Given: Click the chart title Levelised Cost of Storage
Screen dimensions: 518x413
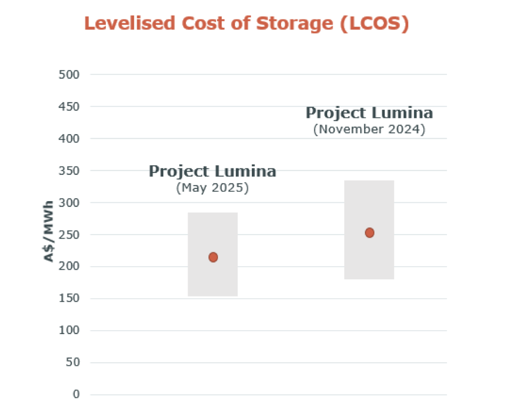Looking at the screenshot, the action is (x=246, y=24).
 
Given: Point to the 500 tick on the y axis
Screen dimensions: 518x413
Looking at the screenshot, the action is (x=69, y=75).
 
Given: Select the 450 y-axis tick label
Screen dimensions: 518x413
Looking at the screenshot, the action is (x=69, y=107).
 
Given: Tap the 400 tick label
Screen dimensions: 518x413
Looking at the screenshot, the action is (x=69, y=139).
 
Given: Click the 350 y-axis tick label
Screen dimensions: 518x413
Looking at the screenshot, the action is (x=69, y=171).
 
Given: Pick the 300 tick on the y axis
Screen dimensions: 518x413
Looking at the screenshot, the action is (x=69, y=203).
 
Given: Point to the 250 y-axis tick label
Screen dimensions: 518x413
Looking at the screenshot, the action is (x=69, y=235).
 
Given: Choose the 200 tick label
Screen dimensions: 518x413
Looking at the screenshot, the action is (x=69, y=266).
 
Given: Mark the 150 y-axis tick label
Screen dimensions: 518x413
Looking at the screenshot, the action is (x=69, y=298).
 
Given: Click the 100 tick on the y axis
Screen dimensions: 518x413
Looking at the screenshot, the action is (x=69, y=330).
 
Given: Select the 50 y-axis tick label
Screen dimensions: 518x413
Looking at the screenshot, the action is (x=72, y=362).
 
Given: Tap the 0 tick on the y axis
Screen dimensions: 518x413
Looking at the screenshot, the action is (x=76, y=394).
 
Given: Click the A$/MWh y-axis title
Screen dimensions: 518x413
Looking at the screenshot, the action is (x=48, y=231).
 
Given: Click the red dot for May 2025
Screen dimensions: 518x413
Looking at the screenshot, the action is (x=213, y=258).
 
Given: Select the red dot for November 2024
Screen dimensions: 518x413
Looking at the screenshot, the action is (x=369, y=233).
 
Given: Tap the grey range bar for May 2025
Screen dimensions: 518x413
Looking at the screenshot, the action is (x=213, y=254).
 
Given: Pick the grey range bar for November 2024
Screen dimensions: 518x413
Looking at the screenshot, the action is (x=369, y=230).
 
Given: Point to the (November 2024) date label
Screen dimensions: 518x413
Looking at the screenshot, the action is (x=369, y=130).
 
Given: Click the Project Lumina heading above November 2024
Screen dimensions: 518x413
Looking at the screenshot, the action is (x=369, y=113).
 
